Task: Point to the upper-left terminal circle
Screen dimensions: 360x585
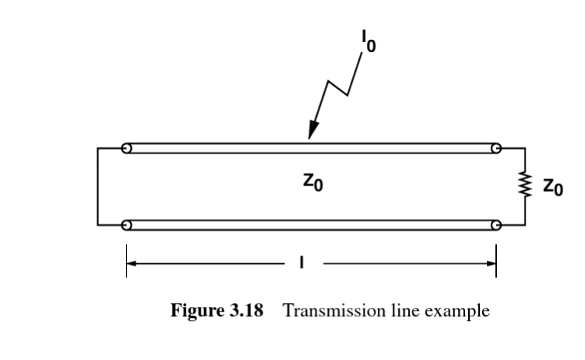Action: [x=127, y=148]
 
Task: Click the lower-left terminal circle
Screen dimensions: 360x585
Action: [x=127, y=225]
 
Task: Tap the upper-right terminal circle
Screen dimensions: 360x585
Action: [x=495, y=148]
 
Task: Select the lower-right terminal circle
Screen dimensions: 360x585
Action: [x=495, y=225]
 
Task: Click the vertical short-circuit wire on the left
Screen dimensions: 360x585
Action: [x=98, y=186]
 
